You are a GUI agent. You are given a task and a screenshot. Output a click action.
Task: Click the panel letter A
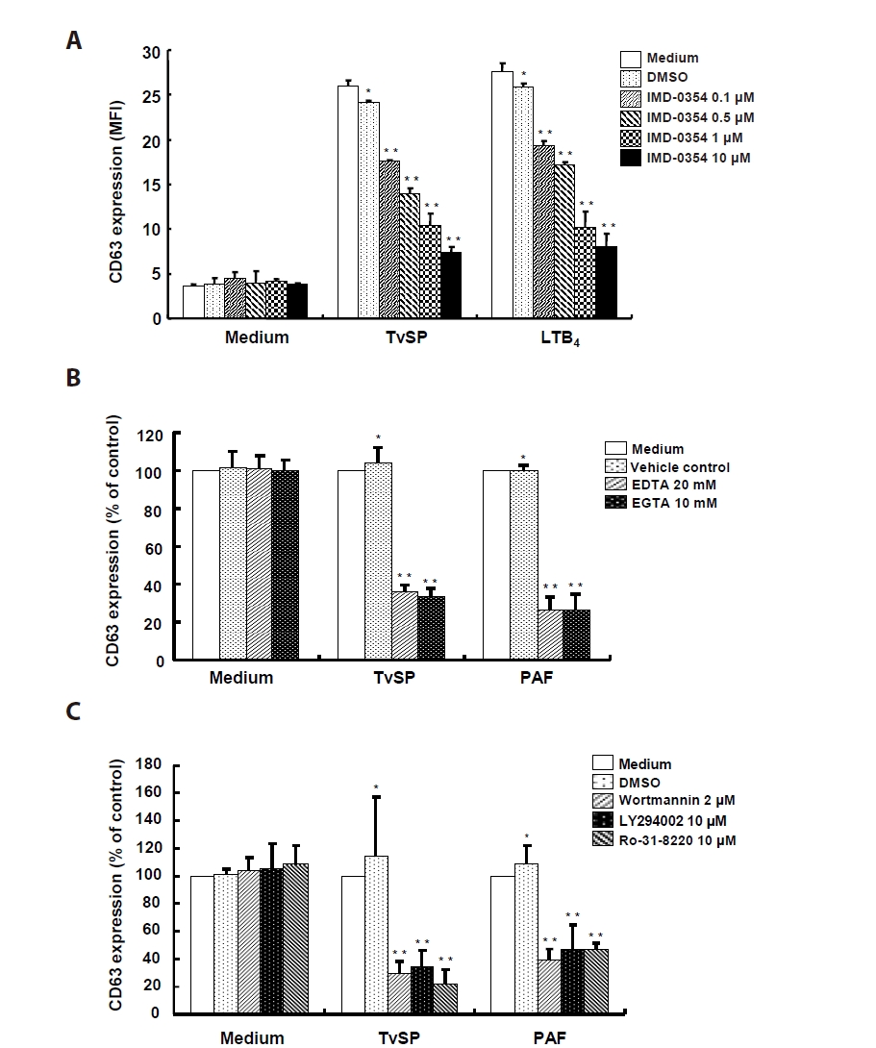(73, 40)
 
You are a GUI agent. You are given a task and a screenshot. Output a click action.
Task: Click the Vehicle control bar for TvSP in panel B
(378, 561)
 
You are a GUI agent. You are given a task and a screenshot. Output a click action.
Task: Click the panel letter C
(73, 712)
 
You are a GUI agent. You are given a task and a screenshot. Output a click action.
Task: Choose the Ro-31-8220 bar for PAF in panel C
(596, 981)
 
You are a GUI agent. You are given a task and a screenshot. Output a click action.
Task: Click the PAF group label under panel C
(549, 1038)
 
